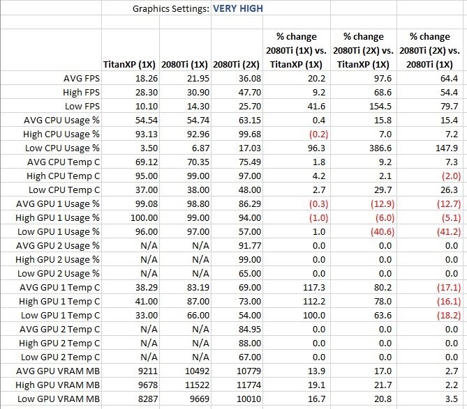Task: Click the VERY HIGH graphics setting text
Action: pos(238,8)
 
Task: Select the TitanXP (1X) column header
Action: pos(129,65)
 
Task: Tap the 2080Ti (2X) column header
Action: pos(236,65)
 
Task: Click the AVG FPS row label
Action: pos(82,79)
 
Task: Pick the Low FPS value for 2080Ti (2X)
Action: pos(250,106)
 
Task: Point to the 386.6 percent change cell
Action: pos(380,148)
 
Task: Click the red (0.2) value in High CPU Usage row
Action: pos(318,134)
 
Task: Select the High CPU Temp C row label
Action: pos(63,176)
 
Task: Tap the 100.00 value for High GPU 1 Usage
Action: pos(144,217)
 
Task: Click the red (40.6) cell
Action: pos(383,231)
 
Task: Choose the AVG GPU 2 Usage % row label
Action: pos(58,245)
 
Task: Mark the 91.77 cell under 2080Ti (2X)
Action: pos(250,245)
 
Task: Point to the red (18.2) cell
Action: pos(449,315)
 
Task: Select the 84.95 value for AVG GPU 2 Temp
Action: pos(250,329)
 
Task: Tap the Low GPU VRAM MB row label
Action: pos(59,399)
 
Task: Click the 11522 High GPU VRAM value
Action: pos(197,385)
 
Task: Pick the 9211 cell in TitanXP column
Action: pos(148,371)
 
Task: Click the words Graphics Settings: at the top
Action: pos(171,8)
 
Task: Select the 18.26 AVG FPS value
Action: pos(147,79)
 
